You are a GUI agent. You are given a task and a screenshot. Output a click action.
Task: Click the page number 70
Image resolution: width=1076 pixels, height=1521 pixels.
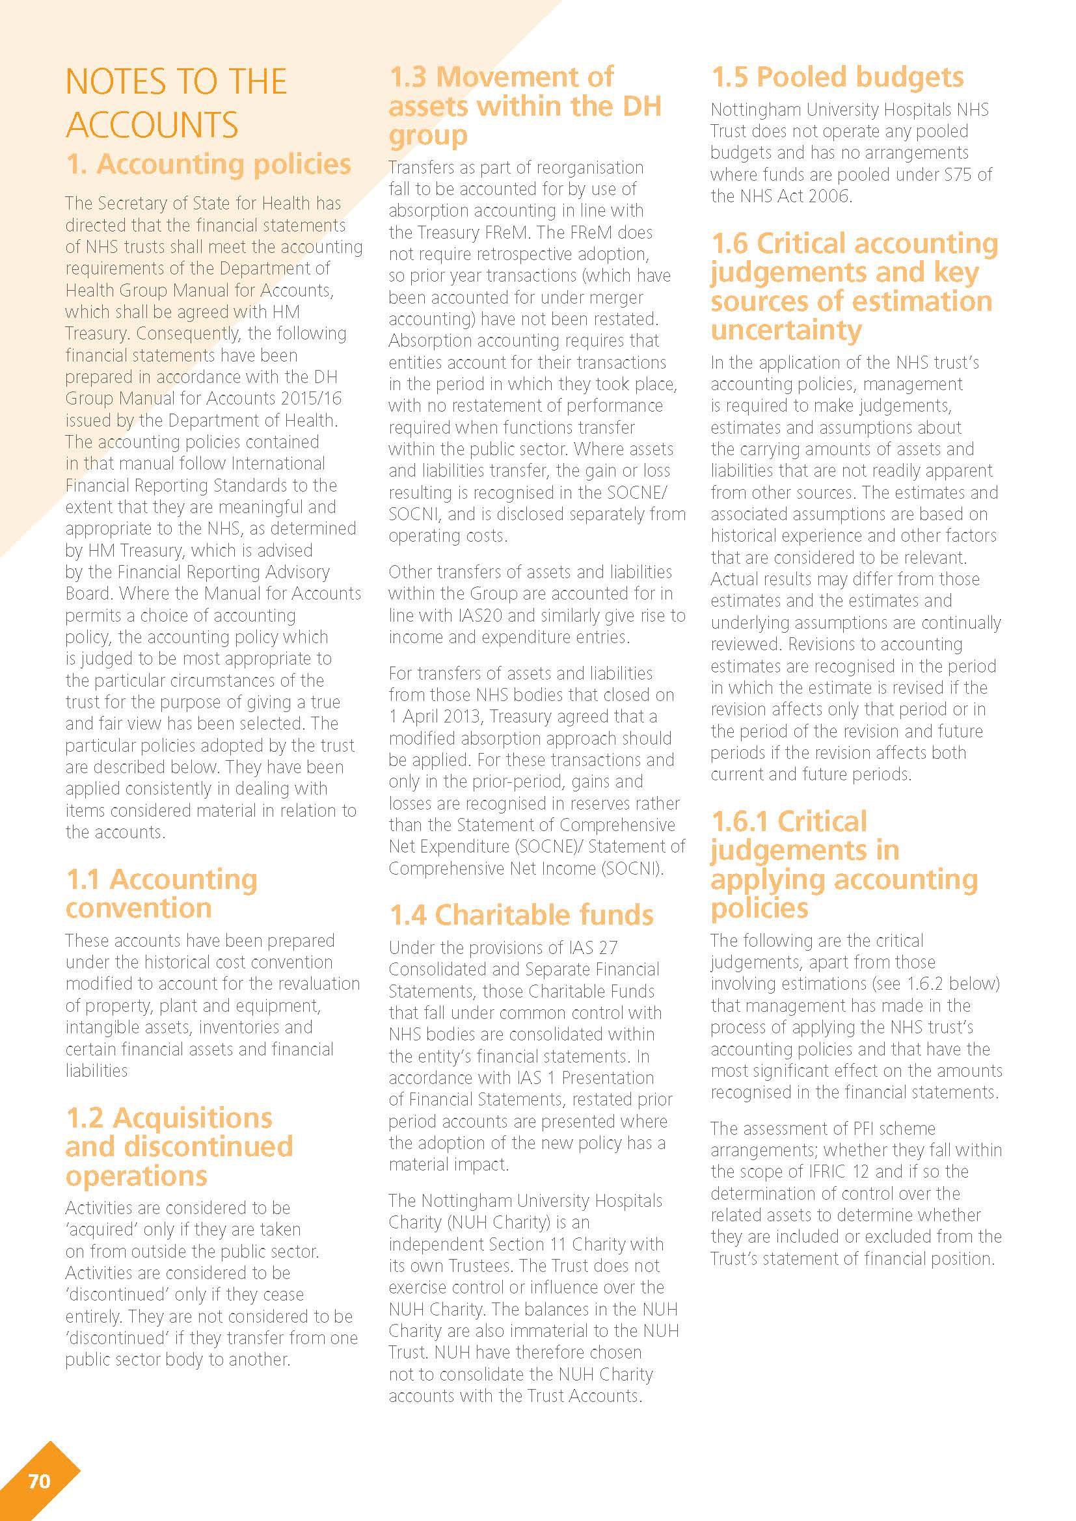(x=39, y=1481)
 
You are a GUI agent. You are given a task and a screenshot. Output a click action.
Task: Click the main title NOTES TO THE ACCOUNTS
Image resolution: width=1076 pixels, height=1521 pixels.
(x=176, y=103)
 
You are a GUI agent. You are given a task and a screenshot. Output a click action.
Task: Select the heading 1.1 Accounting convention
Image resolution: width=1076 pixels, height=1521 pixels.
(x=162, y=893)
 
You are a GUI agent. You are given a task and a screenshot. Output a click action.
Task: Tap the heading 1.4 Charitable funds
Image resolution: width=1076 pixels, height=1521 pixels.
(x=522, y=915)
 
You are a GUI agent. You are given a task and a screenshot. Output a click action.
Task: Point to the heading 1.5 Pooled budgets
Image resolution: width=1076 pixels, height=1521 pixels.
(x=837, y=77)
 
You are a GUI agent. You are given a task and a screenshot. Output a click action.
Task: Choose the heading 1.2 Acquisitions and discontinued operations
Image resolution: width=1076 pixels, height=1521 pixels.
(x=179, y=1146)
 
